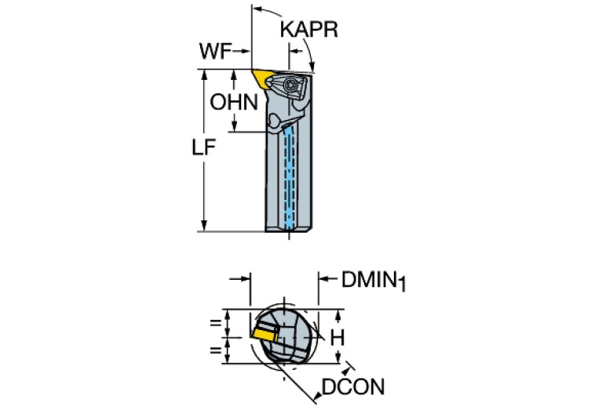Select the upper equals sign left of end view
(214, 321)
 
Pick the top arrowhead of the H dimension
(337, 314)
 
